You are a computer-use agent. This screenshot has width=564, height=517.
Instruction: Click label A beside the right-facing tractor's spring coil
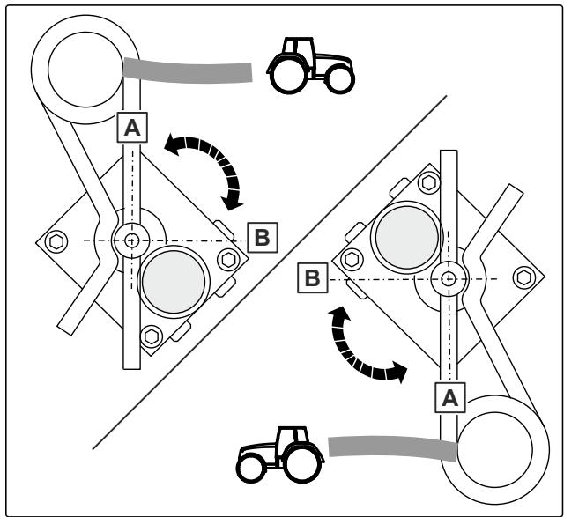point(132,128)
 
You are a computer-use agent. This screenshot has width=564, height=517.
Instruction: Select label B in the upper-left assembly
point(263,237)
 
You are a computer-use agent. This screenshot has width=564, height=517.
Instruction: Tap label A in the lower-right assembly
point(450,397)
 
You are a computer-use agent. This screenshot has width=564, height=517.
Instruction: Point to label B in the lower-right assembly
point(313,278)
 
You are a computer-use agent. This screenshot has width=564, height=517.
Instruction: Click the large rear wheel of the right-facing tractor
point(289,76)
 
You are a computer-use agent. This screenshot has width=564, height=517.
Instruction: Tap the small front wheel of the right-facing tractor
point(340,79)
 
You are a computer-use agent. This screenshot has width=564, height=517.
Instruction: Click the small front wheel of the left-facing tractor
point(251,468)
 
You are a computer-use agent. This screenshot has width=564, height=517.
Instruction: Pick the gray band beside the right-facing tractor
point(188,70)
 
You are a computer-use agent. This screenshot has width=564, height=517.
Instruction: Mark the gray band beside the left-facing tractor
point(393,447)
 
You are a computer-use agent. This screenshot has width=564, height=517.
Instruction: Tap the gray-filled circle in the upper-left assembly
point(174,282)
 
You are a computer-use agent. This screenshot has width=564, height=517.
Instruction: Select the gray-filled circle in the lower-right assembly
point(407,237)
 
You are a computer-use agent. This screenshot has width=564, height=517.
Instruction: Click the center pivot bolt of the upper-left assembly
point(131,240)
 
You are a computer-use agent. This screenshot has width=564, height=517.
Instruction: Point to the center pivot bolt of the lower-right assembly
point(449,278)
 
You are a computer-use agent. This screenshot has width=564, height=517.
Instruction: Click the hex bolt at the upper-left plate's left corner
point(56,241)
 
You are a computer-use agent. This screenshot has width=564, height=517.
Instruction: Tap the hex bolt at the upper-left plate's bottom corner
point(152,336)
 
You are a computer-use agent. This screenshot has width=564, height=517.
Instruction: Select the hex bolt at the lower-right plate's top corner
point(429,182)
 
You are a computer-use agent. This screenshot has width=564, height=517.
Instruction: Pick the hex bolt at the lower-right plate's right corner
point(524,277)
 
